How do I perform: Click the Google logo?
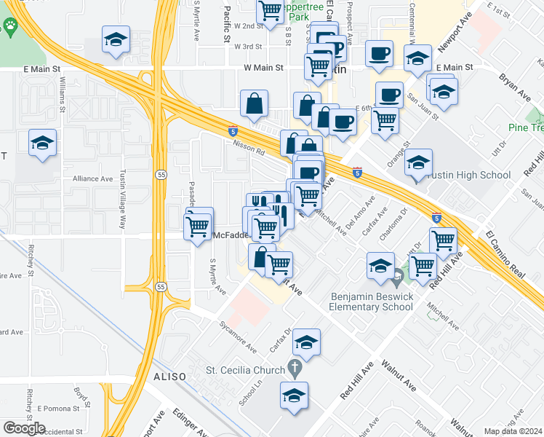click(x=24, y=428)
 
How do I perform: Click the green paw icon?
click(x=11, y=28)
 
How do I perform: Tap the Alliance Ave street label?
click(x=92, y=178)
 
